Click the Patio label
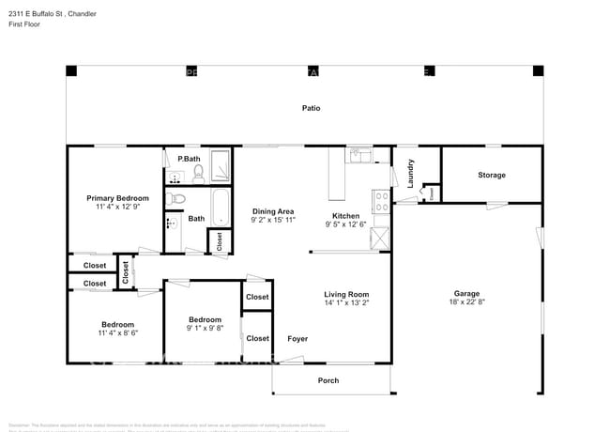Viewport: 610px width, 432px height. (x=311, y=108)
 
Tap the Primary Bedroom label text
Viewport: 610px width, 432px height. (x=117, y=198)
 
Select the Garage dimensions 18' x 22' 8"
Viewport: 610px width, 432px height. (x=466, y=301)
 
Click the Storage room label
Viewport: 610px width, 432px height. (x=491, y=175)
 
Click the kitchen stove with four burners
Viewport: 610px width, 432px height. (x=381, y=201)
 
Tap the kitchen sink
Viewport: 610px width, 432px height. (x=360, y=155)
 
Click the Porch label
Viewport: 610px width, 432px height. (x=328, y=380)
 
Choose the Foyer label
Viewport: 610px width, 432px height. (x=297, y=338)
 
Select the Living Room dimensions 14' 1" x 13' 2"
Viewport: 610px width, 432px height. (x=346, y=302)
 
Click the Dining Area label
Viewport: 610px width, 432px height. (x=273, y=211)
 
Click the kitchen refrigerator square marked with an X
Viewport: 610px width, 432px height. (x=380, y=237)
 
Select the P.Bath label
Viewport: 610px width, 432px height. (x=189, y=159)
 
